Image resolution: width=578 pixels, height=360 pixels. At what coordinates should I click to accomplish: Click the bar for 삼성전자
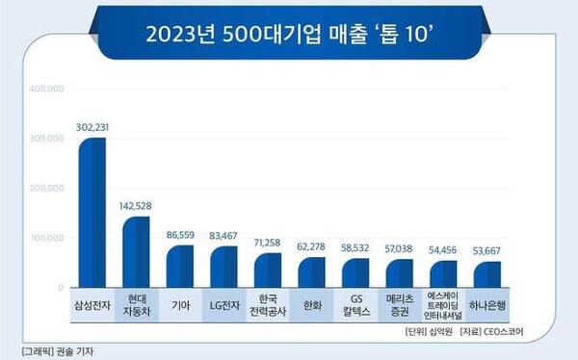click(x=92, y=213)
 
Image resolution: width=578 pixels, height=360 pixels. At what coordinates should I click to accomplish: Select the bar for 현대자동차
click(x=137, y=251)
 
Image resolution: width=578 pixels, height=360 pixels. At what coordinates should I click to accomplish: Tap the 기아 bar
click(x=180, y=266)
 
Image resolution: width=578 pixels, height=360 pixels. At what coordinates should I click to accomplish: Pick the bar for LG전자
click(x=223, y=267)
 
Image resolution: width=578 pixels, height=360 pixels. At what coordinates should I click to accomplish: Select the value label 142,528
click(x=137, y=205)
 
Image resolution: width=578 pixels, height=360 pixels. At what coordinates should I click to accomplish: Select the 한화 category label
click(x=312, y=305)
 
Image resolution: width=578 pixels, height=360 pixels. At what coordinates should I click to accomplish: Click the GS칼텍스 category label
click(x=356, y=305)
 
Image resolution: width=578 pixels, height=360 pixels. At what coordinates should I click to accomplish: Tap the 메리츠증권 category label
click(x=400, y=305)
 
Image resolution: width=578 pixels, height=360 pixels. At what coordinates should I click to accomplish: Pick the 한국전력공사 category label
click(x=268, y=305)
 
